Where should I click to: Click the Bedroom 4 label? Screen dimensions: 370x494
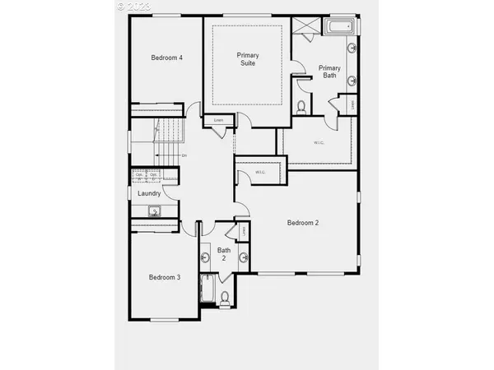coord(166,58)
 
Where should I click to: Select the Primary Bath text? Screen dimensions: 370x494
coord(329,72)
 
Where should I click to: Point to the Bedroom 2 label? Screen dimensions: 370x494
coord(302,223)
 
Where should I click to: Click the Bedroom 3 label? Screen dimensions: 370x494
coord(164,277)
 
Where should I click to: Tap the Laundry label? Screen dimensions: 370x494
coord(149,193)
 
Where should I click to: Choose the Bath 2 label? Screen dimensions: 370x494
coord(223,253)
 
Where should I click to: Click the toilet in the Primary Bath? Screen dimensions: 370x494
coord(301,107)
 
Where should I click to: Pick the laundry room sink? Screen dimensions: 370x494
coord(154,211)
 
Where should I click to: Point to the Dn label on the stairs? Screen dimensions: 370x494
coord(184,155)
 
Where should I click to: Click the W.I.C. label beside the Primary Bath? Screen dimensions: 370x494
coord(319,143)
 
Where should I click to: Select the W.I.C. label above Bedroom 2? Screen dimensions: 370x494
coord(260,173)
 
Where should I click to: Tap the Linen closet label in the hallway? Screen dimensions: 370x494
coord(218,121)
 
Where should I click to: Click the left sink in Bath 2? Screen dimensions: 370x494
coord(204,257)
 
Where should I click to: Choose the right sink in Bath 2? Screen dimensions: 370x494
coord(244,257)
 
